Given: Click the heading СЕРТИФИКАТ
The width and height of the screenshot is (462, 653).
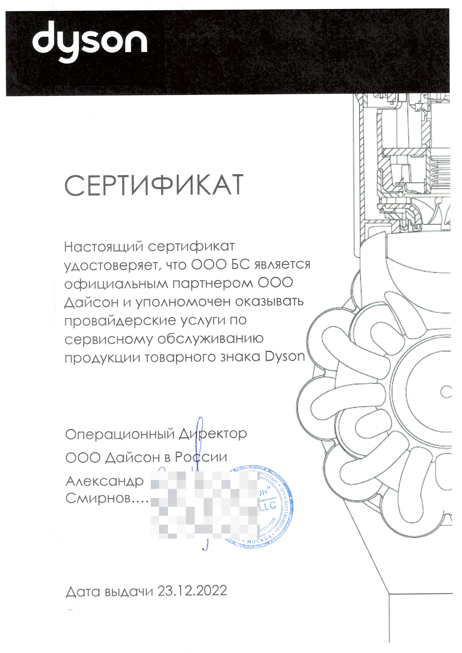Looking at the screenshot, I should pyautogui.click(x=154, y=185).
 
